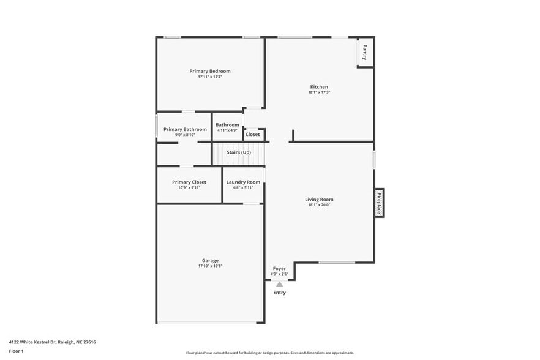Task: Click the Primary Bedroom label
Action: (210, 71)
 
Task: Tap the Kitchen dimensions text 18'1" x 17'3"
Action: (319, 92)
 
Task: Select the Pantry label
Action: (365, 52)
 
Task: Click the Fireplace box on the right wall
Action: (379, 203)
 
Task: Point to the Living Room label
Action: (319, 199)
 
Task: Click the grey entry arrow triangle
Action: (279, 284)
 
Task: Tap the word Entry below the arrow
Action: (279, 293)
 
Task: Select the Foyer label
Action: (279, 268)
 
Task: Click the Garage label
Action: (210, 260)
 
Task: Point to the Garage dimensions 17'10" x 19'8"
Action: (210, 266)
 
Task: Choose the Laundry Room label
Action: (243, 182)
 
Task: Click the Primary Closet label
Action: (189, 182)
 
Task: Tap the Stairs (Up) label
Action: (239, 152)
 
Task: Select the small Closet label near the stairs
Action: (252, 134)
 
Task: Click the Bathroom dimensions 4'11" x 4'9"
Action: (227, 130)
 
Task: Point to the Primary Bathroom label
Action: (185, 129)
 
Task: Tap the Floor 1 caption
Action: (16, 351)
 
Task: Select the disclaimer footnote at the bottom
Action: (269, 353)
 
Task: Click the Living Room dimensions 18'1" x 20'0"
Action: (319, 205)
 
